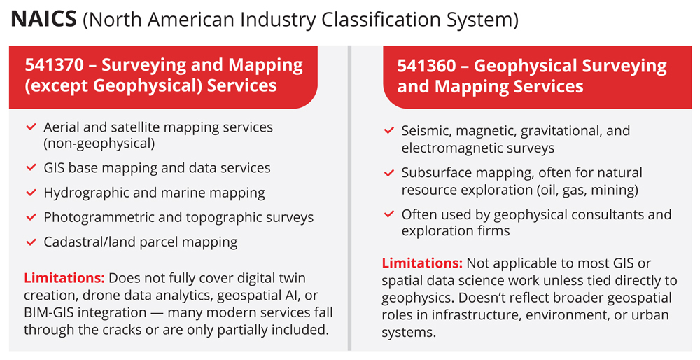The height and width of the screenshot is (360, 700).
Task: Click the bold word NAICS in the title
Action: pyautogui.click(x=43, y=19)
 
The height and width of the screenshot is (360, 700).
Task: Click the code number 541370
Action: pyautogui.click(x=54, y=65)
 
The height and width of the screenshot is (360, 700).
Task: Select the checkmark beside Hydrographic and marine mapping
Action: pyautogui.click(x=31, y=193)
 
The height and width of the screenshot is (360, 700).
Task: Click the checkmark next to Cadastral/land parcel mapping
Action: pyautogui.click(x=31, y=242)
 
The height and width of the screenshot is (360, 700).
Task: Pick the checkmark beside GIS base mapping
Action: pyautogui.click(x=31, y=168)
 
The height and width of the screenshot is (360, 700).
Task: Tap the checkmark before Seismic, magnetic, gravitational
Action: pyautogui.click(x=388, y=131)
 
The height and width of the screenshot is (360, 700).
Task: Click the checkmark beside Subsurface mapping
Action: pyautogui.click(x=388, y=173)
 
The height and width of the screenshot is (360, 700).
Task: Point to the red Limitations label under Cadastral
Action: pyautogui.click(x=64, y=278)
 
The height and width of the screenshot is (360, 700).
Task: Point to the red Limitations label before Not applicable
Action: pyautogui.click(x=422, y=263)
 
